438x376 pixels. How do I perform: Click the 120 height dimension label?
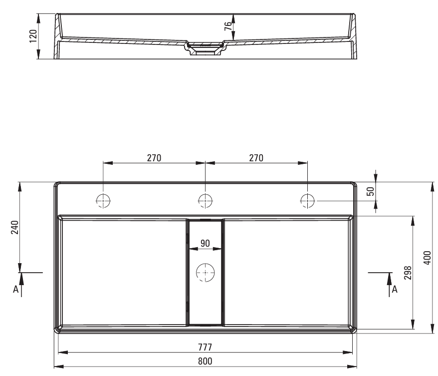coord(33,36)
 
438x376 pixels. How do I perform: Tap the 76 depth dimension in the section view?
coord(228,26)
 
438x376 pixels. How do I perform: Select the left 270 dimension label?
coord(154,158)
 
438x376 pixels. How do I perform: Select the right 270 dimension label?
coord(256,158)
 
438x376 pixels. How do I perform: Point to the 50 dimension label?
coord(370,191)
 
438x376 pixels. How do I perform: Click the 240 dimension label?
coord(15,227)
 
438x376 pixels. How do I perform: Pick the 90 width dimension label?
coord(206,243)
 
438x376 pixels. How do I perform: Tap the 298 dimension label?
coord(408,273)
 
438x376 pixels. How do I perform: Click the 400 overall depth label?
coord(428,258)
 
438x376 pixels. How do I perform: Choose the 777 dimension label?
coord(205,347)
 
